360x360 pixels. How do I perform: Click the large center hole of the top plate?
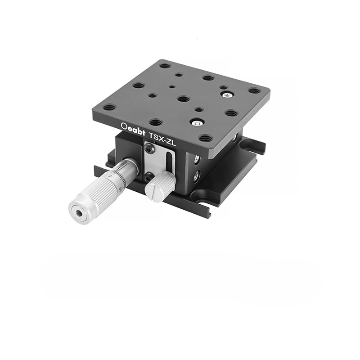pyautogui.click(x=183, y=99)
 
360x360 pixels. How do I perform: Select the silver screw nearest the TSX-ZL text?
pyautogui.click(x=196, y=122)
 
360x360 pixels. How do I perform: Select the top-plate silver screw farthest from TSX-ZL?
pyautogui.click(x=227, y=94)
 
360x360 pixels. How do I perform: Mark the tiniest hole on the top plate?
pyautogui.click(x=172, y=87)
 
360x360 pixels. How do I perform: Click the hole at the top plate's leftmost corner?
pyautogui.click(x=109, y=108)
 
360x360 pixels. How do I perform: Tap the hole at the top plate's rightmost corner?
pyautogui.click(x=254, y=90)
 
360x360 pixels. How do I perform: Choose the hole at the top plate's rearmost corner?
pyautogui.click(x=165, y=66)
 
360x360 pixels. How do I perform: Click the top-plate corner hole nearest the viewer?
pyautogui.click(x=205, y=138)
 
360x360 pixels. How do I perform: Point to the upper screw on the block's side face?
pyautogui.click(x=197, y=159)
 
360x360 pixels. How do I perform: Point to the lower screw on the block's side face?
pyautogui.click(x=196, y=177)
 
